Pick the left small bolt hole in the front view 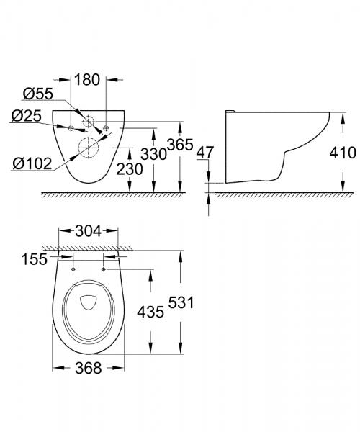coord(71,128)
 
